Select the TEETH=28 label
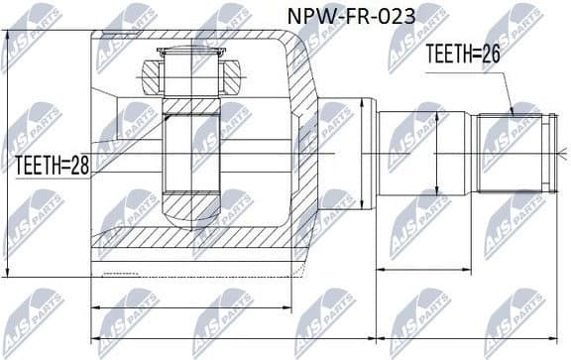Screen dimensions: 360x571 point(52,166)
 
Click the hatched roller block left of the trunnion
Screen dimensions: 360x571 point(150,75)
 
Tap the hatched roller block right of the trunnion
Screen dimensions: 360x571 point(230,75)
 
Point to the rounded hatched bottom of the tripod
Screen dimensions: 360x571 point(190,208)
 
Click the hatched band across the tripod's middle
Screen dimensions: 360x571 point(190,104)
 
